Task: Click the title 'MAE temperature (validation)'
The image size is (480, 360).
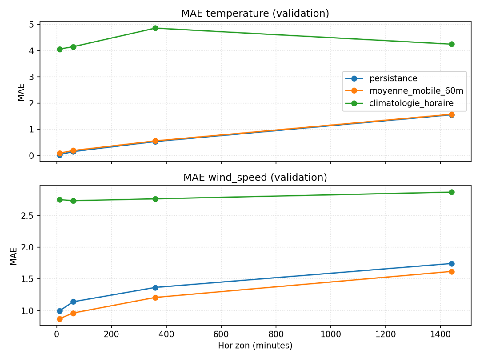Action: [255, 13]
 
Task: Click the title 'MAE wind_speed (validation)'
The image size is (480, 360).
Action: [255, 178]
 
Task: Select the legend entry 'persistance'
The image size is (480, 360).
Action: [393, 79]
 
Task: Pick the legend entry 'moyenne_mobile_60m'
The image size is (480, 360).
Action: [416, 92]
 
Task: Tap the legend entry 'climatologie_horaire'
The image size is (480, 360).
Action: [411, 104]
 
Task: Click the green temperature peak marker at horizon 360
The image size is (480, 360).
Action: [156, 28]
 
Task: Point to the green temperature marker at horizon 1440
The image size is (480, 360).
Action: [452, 44]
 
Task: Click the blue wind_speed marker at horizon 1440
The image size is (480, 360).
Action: [452, 264]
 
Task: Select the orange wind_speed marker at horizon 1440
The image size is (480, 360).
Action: [452, 272]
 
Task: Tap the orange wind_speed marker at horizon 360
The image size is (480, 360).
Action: [156, 297]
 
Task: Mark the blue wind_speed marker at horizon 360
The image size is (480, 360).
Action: [156, 288]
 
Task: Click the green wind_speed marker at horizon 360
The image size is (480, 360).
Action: [156, 199]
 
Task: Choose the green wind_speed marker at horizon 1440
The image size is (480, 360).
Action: [452, 192]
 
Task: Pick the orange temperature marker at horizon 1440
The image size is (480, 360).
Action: [452, 115]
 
